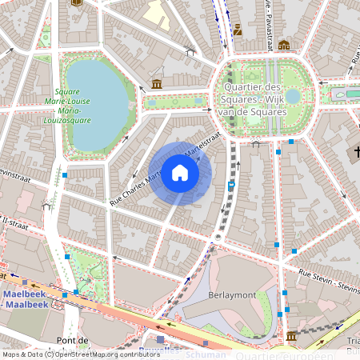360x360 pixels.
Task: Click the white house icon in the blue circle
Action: click(180, 173)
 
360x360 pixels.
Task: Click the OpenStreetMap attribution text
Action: click(80, 354)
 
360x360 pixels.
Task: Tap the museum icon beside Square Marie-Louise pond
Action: click(157, 83)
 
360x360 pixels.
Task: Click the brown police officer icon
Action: click(238, 30)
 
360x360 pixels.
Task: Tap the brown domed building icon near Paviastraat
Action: click(283, 46)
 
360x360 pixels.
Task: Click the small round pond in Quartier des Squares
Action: click(294, 96)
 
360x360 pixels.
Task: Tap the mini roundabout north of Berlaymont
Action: click(218, 238)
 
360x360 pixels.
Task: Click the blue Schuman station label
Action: click(200, 353)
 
